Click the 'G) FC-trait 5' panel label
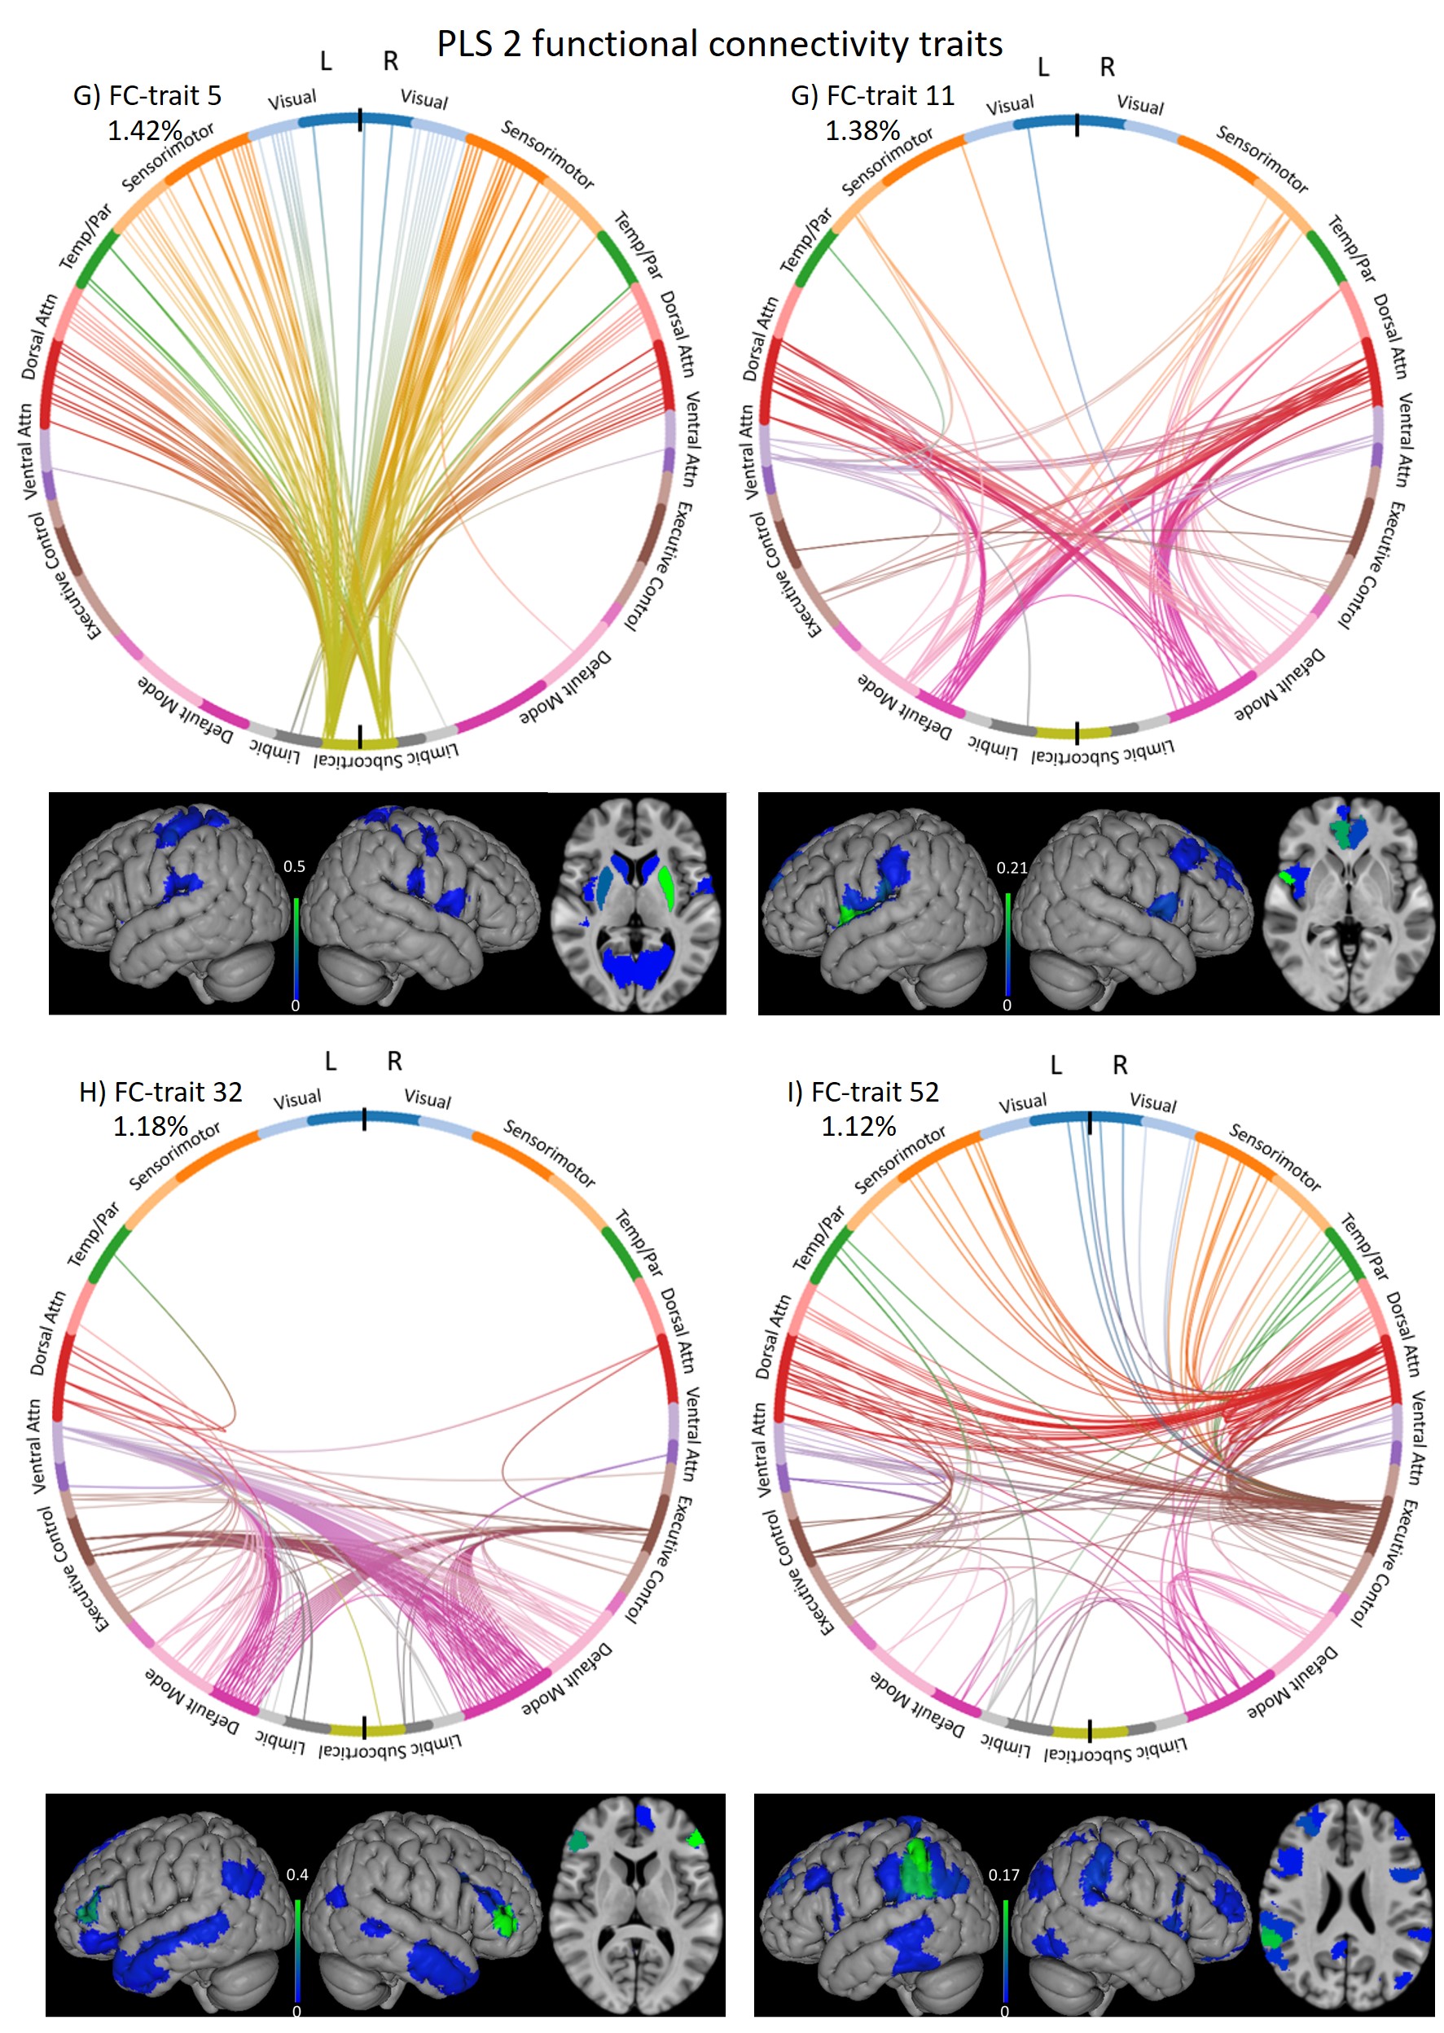(147, 95)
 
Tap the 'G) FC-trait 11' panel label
(872, 95)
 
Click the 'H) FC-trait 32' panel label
(160, 1091)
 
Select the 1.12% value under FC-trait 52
(858, 1126)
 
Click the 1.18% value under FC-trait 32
(149, 1126)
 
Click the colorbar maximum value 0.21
(1012, 868)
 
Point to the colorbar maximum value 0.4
(297, 1874)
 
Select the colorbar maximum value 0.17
(1004, 1874)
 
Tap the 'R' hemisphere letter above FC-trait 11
(1107, 67)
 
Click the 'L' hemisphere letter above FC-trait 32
(330, 1062)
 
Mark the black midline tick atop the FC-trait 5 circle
(360, 120)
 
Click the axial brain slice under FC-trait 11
(1350, 903)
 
